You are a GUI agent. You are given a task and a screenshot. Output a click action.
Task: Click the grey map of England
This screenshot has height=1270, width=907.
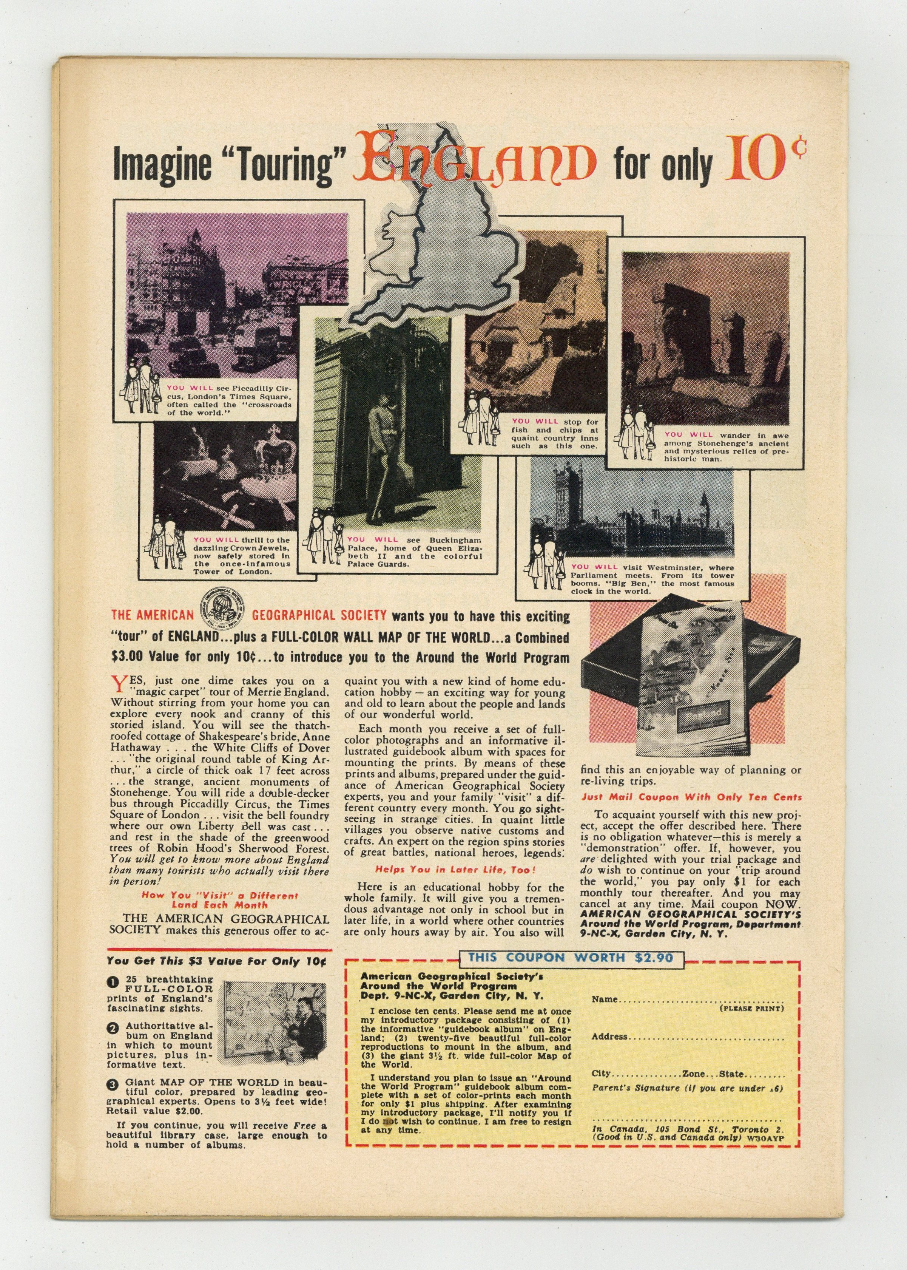441,252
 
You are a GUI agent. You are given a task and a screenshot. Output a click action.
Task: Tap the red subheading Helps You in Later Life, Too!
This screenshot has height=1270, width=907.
455,869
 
